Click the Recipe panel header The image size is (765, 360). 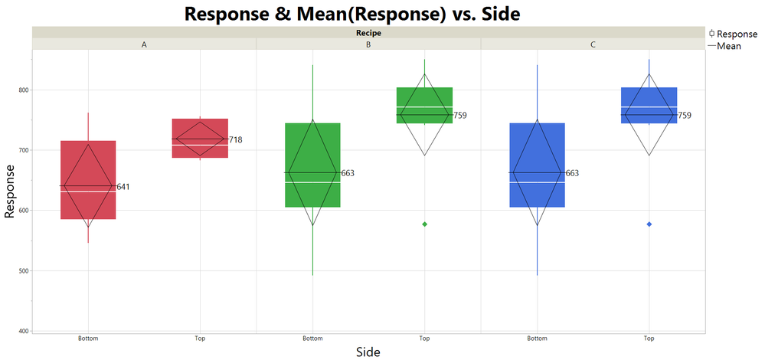pos(368,32)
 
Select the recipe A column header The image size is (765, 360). pos(144,44)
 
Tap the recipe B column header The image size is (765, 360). pos(368,44)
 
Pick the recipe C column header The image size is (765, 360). pos(593,44)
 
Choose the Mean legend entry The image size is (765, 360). pos(732,46)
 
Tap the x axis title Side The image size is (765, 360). pos(368,352)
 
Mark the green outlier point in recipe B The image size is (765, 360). pos(424,224)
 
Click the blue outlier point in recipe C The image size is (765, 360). pos(649,224)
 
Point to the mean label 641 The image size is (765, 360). pos(124,187)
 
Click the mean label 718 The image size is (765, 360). pos(236,139)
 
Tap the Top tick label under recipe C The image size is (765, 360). pos(649,338)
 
